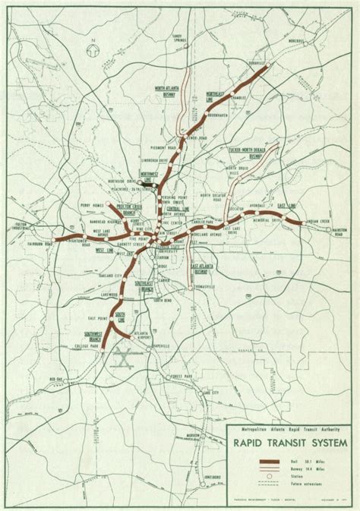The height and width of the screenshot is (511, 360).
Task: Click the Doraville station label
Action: click(x=248, y=65)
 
